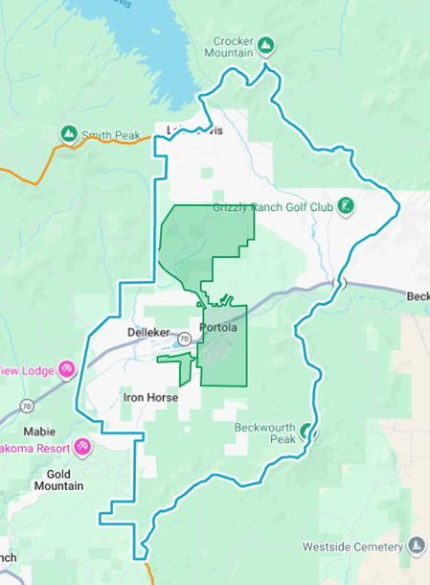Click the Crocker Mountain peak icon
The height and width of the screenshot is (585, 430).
pos(266,44)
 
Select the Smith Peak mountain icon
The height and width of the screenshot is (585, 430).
pos(68,133)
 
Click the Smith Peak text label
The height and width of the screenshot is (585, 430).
pos(112,135)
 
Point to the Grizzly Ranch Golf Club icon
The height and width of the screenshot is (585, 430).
pos(346,205)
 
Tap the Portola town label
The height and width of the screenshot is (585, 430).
pos(218,328)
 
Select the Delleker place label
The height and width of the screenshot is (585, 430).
pos(147,332)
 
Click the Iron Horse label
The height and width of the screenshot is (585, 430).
pos(151,396)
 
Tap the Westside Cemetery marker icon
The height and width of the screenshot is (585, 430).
pos(417,546)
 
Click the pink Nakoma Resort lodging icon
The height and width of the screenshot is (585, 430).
pos(82,447)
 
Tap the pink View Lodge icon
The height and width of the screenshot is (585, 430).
pos(66,369)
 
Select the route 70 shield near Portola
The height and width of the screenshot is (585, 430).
pos(181,339)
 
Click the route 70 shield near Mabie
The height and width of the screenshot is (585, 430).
pos(26,404)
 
